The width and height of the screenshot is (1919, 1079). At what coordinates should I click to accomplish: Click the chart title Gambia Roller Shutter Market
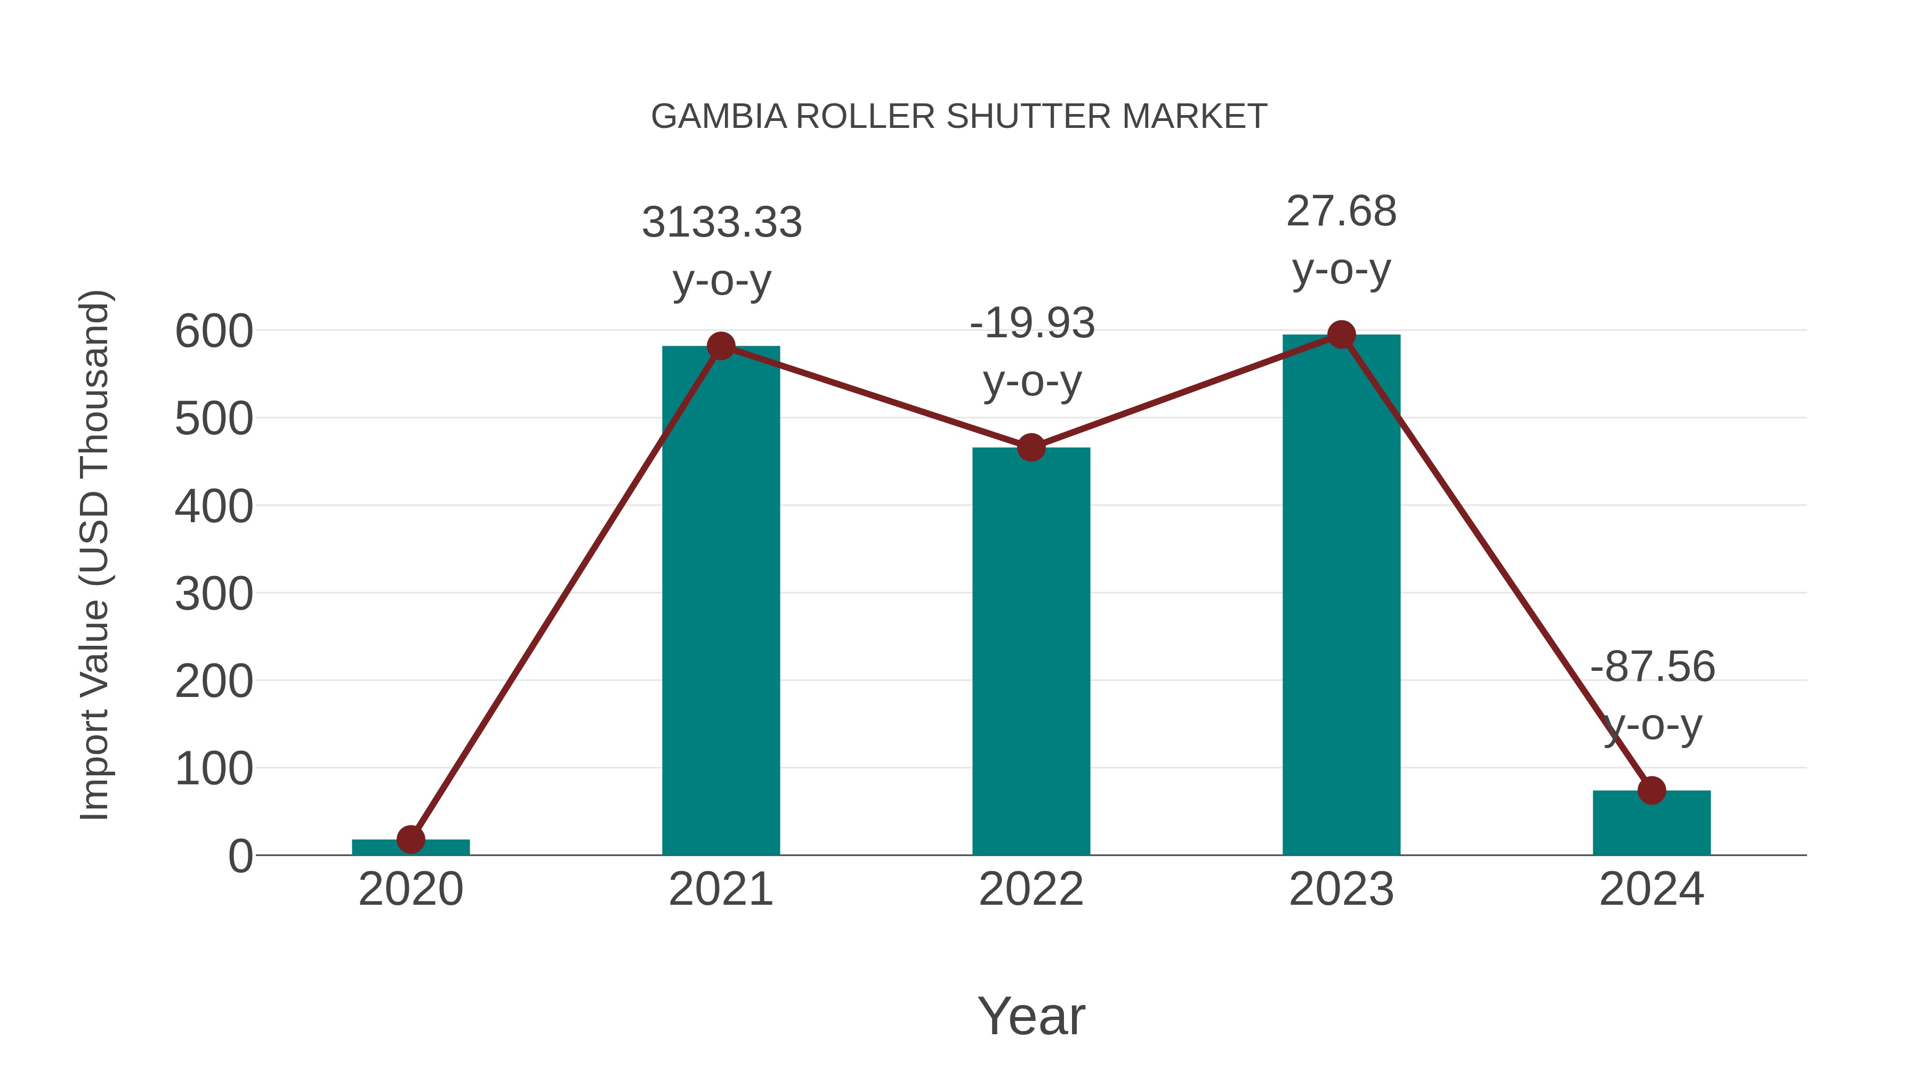959,117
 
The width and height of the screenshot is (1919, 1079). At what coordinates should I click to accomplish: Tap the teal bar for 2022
1031,655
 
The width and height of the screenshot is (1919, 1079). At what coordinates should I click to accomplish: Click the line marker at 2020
410,839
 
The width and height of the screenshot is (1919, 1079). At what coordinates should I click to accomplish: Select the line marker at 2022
1031,448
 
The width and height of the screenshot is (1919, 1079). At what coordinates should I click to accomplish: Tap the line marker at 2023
1341,335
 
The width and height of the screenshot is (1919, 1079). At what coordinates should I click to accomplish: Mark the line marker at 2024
1651,790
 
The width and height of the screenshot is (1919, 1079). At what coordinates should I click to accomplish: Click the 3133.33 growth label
722,223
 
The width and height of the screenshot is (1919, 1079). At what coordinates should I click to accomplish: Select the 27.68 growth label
1341,212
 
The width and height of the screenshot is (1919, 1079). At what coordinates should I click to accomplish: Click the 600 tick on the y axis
214,331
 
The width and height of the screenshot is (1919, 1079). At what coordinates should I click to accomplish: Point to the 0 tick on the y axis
240,856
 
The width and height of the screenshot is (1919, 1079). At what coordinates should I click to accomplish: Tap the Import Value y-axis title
95,555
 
